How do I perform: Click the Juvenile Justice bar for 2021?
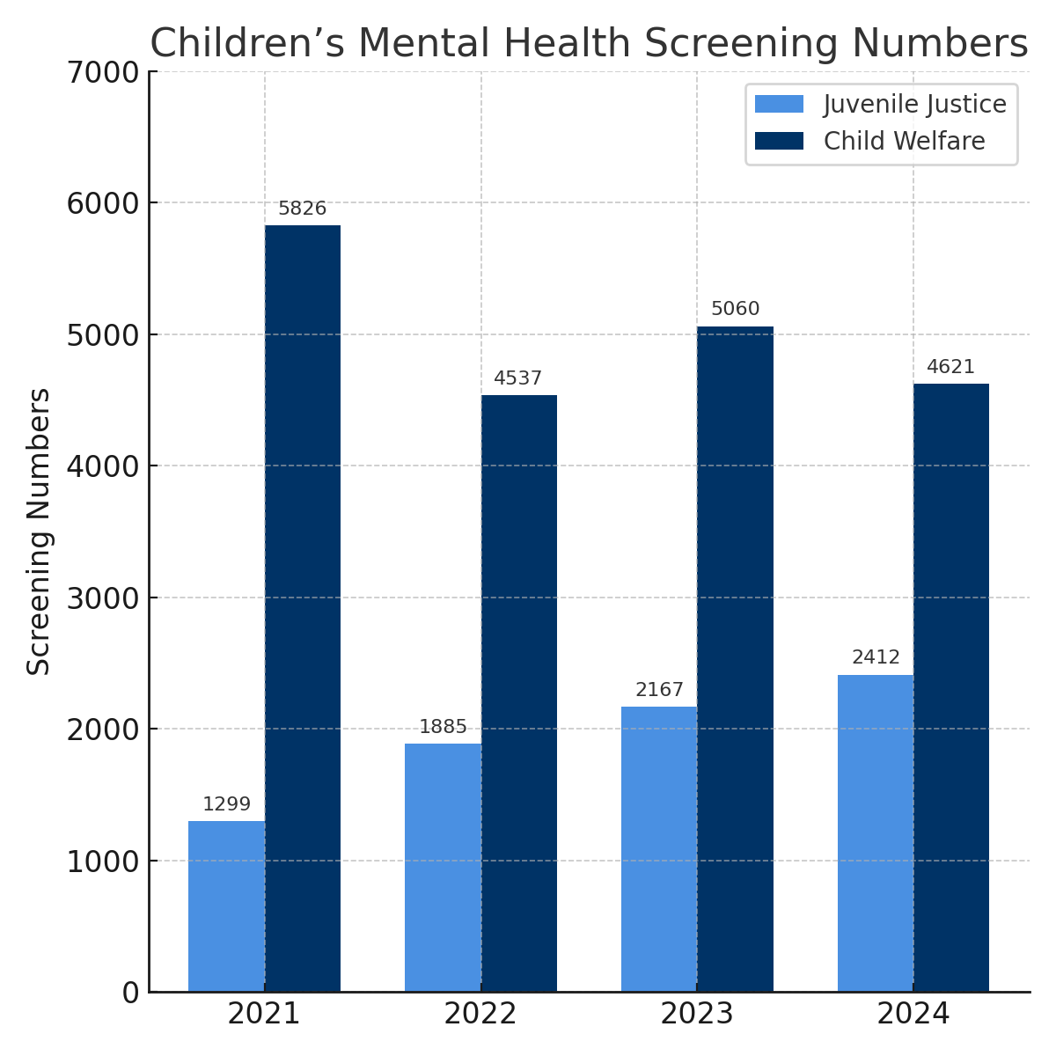click(226, 906)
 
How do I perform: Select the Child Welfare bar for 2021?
click(303, 608)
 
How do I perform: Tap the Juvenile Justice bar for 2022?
click(443, 868)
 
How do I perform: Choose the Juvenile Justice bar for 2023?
click(659, 849)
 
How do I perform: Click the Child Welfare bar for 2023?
click(736, 659)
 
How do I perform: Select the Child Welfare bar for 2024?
click(951, 687)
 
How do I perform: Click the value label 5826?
click(302, 209)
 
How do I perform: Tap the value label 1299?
click(226, 804)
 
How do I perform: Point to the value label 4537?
click(517, 379)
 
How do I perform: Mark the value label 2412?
click(876, 658)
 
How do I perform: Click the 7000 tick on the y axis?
click(103, 72)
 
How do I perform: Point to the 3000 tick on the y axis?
click(103, 598)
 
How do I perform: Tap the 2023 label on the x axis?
click(697, 1015)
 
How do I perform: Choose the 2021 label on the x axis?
click(264, 1015)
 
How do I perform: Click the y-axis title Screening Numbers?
click(39, 532)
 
